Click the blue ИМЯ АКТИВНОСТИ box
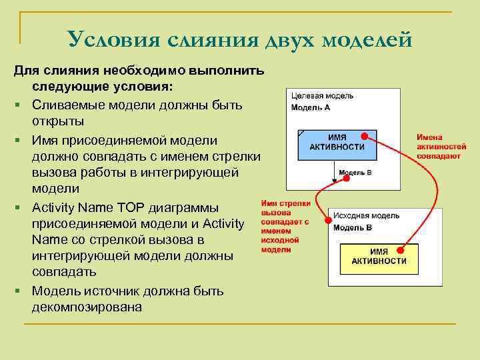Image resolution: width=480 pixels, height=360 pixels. (337, 143)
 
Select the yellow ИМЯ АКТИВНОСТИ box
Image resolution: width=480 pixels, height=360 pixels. (379, 257)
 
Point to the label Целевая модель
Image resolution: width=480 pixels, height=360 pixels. (323, 96)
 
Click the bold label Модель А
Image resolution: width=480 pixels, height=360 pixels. (311, 107)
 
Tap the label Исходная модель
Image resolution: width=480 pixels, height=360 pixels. (366, 216)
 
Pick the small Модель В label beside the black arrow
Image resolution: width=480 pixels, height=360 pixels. (355, 173)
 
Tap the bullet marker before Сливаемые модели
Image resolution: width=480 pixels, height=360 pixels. (22, 107)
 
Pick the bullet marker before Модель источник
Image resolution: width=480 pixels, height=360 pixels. (22, 291)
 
